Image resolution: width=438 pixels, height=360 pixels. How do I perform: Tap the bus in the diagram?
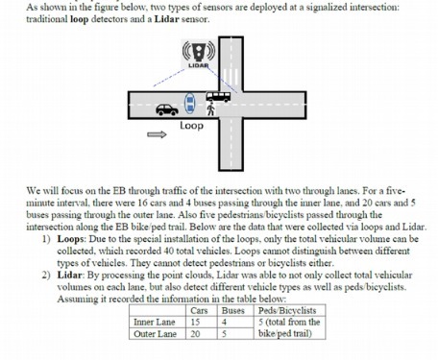click(216, 97)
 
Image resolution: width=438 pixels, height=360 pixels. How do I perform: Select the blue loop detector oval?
click(190, 102)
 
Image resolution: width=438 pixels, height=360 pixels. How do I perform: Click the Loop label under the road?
click(191, 127)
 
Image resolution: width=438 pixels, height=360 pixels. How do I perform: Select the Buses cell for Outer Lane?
click(226, 334)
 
